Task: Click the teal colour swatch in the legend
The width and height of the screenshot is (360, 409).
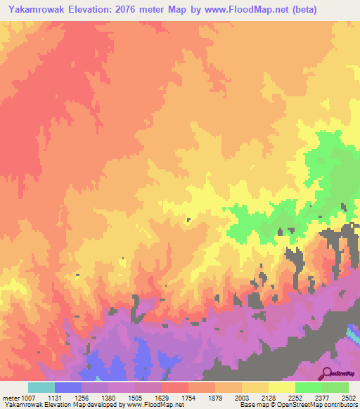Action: point(41,387)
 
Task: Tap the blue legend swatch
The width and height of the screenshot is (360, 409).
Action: point(67,387)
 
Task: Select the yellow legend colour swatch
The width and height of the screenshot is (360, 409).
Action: point(281,387)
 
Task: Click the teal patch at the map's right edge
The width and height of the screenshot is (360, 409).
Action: point(354,331)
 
